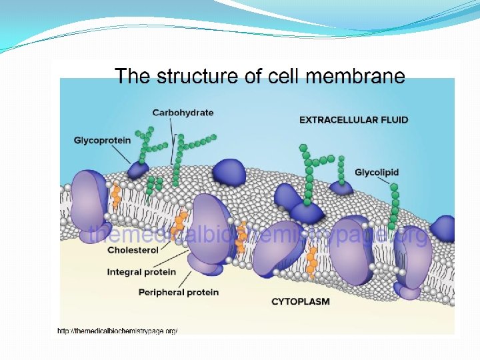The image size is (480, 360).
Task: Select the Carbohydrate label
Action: coord(183,113)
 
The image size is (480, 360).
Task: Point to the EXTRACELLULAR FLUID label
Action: coord(353,120)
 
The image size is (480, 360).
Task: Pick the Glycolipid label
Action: coord(377,172)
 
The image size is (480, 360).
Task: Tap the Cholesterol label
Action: coord(133,250)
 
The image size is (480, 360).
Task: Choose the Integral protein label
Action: coord(141,271)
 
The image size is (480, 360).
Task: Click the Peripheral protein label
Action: coord(178,292)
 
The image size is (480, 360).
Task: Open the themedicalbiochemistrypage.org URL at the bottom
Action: coord(117,331)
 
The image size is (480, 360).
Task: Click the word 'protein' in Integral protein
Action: coord(159,271)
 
